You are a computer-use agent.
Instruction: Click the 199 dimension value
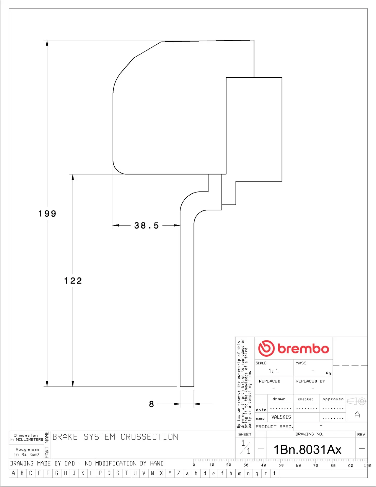point(47,214)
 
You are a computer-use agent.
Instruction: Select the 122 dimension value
point(73,281)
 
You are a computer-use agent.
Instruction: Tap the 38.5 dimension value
point(147,225)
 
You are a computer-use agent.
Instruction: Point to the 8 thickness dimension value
point(151,404)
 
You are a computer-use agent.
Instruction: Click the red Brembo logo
point(294,349)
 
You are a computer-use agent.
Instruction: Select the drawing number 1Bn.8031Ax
point(308,450)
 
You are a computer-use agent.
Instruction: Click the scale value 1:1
point(273,371)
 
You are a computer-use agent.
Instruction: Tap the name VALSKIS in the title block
point(281,417)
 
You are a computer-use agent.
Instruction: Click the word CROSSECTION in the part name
point(149,437)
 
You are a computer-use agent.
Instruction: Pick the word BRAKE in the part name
point(65,437)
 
